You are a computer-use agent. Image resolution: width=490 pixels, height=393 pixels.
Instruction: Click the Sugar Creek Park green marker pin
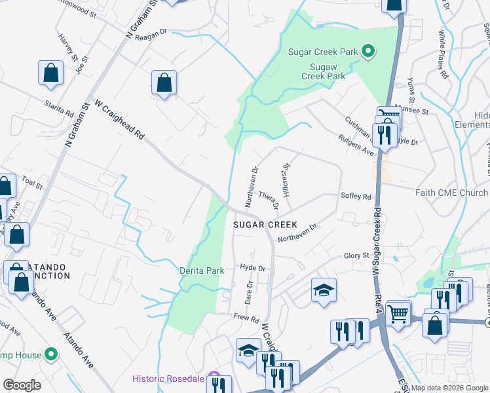point(368,51)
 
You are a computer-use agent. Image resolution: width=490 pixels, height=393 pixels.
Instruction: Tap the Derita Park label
point(202,271)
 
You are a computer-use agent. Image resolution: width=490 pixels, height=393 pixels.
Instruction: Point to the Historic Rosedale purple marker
point(214,378)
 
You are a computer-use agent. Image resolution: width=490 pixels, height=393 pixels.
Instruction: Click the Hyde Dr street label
point(252,268)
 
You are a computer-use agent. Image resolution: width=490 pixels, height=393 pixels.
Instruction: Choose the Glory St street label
point(357,256)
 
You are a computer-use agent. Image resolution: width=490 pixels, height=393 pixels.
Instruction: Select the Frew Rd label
point(246,318)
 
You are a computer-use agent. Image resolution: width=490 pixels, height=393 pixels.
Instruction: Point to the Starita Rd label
point(60,109)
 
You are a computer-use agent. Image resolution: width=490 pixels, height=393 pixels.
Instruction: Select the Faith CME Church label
point(451,193)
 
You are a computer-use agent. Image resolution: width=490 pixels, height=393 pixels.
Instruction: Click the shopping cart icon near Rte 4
point(398,313)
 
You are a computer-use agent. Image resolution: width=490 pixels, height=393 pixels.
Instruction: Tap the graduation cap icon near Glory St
point(324,290)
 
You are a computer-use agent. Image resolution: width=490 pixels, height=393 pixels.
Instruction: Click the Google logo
point(22,384)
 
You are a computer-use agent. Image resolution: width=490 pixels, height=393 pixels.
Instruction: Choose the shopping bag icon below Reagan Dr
point(164,83)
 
